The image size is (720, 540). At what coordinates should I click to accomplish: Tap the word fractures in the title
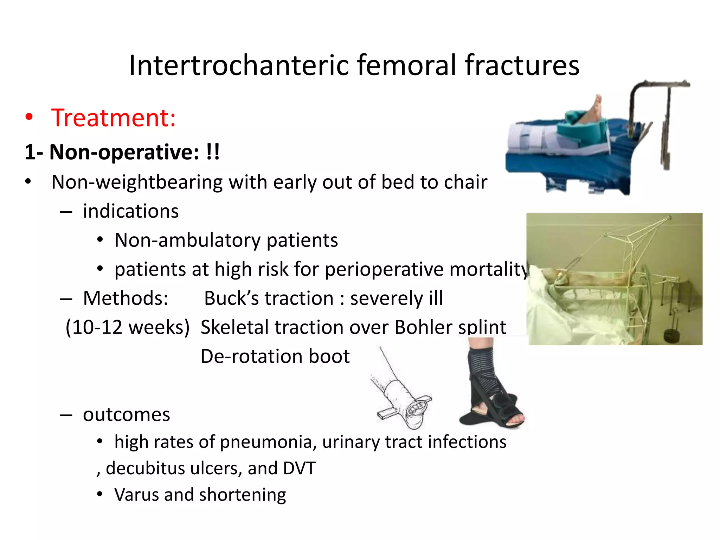tap(522, 66)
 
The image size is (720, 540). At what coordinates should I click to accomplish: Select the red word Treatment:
tap(113, 118)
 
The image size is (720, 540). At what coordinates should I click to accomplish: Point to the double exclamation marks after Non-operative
tap(213, 152)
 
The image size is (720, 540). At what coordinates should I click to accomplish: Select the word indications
tap(131, 211)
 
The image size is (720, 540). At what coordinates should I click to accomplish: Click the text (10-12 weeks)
tap(127, 327)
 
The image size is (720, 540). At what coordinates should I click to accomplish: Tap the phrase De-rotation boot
tap(275, 356)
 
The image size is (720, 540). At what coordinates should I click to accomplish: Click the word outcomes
tap(127, 414)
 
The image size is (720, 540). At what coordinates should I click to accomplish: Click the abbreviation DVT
tap(299, 468)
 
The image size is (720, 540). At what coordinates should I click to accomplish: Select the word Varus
tap(136, 495)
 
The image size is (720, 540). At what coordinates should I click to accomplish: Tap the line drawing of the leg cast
tap(404, 394)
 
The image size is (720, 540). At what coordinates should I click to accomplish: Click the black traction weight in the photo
tap(672, 336)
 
